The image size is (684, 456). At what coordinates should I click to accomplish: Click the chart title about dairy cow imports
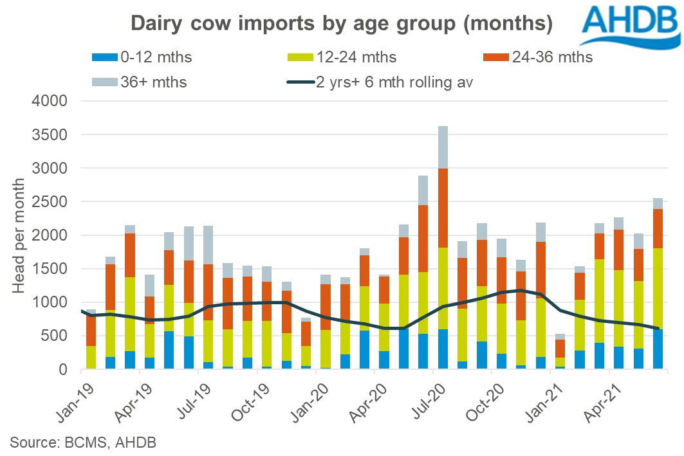tap(341, 24)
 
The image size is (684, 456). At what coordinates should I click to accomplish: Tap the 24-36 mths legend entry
tap(544, 57)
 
